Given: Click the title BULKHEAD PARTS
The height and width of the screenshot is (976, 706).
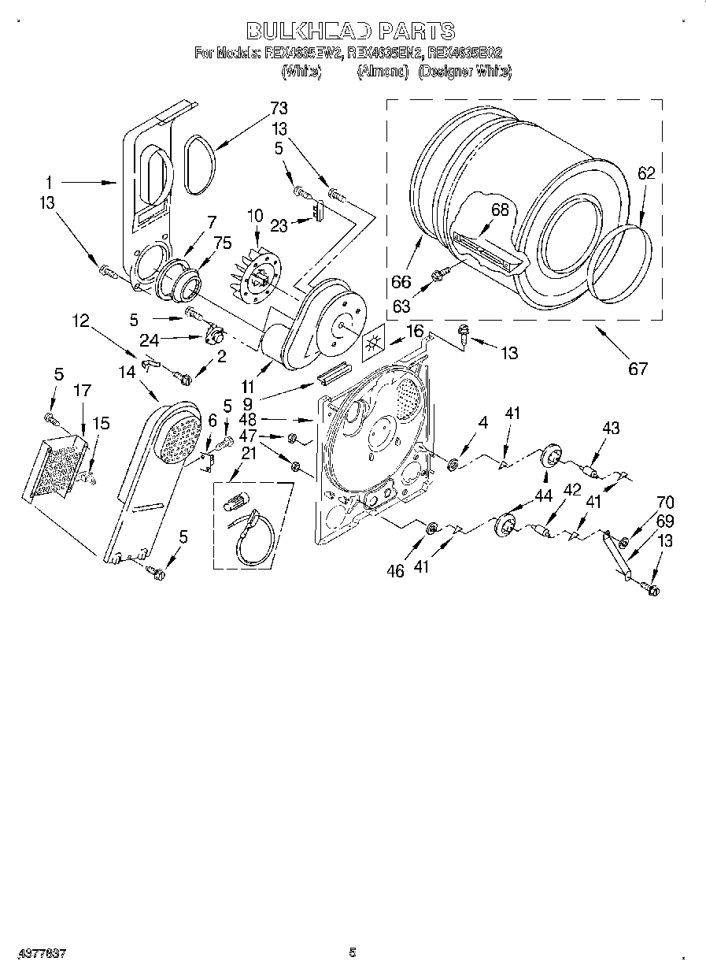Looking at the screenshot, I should [x=351, y=31].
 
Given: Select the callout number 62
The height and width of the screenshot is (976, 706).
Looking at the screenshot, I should [x=646, y=175].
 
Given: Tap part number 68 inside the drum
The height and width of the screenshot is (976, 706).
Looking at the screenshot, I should [x=499, y=210].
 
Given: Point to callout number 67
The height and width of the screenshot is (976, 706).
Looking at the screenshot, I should [x=638, y=368].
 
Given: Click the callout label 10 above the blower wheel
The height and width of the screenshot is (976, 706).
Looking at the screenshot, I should [x=254, y=215].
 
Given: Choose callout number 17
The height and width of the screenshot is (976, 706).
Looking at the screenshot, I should [x=83, y=390].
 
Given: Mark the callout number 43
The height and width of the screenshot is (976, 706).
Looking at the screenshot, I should [x=610, y=429].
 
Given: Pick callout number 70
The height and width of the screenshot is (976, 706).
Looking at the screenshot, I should [x=665, y=502].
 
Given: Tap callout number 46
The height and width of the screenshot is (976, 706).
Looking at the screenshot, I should [x=395, y=570].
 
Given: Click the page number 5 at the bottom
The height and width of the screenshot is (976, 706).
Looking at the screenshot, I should [x=353, y=952].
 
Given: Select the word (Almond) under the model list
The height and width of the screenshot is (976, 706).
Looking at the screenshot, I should [x=383, y=72].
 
